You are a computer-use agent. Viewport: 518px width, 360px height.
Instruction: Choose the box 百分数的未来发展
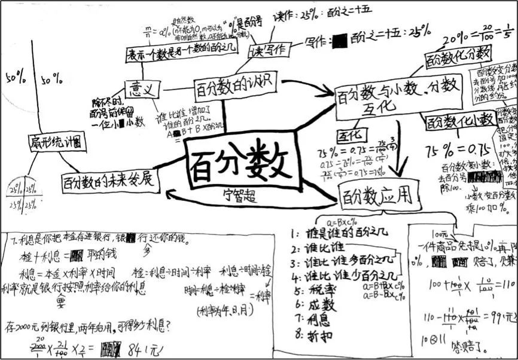[x=109, y=180]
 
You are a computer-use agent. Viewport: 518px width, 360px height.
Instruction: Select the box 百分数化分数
[x=458, y=58]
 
